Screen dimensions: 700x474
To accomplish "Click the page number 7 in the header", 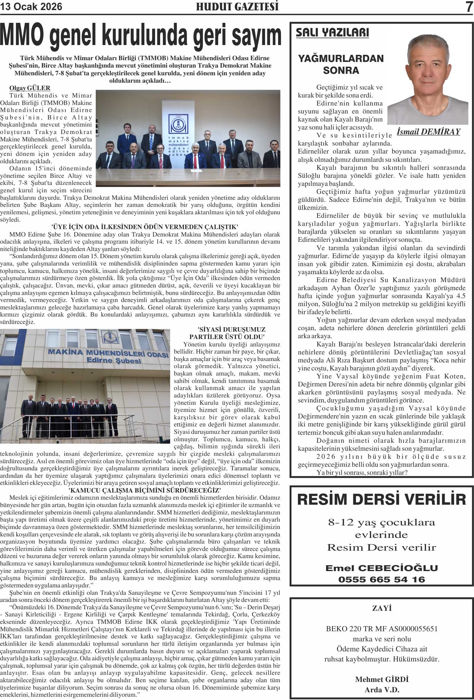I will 469,7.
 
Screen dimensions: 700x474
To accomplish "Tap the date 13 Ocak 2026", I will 31,7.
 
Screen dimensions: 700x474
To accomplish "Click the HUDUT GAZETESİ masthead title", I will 237,7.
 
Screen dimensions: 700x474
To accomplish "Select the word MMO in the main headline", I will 22,36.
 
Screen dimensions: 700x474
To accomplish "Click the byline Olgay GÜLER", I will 30,88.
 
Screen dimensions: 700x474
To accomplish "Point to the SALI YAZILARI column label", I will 332,33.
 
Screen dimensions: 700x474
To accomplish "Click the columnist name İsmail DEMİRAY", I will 428,132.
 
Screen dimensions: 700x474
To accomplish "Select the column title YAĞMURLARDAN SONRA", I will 341,64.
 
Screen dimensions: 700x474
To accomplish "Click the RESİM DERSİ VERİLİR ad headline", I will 382,499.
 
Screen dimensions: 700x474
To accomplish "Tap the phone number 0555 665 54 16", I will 382,579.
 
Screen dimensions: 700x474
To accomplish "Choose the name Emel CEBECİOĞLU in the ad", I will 382,568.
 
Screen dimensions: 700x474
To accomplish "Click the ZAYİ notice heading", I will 382,608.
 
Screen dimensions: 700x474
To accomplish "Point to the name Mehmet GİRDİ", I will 382,679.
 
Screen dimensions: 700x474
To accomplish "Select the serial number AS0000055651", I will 413,629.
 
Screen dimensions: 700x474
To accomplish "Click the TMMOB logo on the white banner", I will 178,124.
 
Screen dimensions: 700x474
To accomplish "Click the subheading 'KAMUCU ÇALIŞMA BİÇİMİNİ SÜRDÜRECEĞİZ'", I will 145,490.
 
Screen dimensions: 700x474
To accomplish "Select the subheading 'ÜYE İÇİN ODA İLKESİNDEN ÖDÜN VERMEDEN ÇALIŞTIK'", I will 145,227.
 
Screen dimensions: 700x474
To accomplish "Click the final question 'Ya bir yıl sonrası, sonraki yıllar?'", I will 362,473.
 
